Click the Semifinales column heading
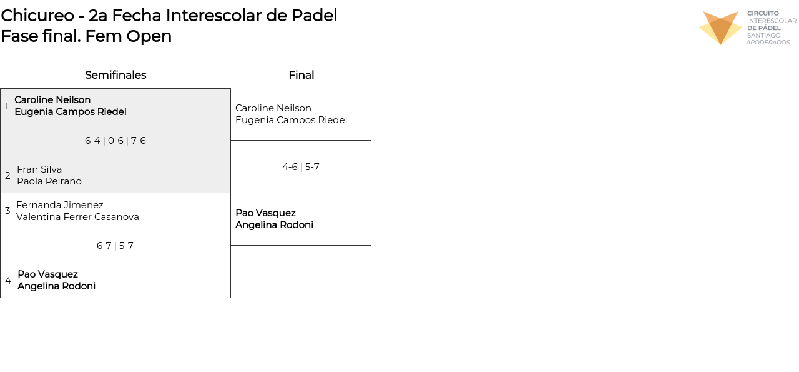click(x=115, y=75)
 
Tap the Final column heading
click(x=301, y=75)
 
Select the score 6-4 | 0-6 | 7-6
click(x=115, y=141)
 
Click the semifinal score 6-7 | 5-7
click(x=115, y=246)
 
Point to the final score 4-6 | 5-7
click(x=301, y=167)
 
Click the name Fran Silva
click(x=39, y=169)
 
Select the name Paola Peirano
click(x=49, y=181)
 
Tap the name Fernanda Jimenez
click(x=60, y=205)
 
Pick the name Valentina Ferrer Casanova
click(x=77, y=217)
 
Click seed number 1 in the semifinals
click(x=7, y=106)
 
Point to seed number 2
click(x=7, y=176)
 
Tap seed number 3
click(x=7, y=211)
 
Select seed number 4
click(x=8, y=281)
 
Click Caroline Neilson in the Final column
click(x=273, y=108)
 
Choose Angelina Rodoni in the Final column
click(x=274, y=225)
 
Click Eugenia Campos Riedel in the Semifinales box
click(x=71, y=112)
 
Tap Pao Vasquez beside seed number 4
click(x=47, y=274)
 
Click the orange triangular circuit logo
click(x=720, y=28)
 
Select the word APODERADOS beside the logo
click(x=768, y=43)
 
